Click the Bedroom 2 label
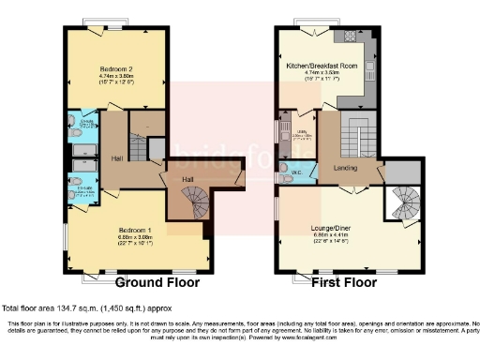[118, 67]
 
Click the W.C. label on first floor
[293, 173]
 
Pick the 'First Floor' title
[351, 281]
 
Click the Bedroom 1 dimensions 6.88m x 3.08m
[136, 237]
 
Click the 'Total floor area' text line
[88, 307]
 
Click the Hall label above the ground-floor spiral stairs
[187, 178]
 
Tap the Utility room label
[302, 132]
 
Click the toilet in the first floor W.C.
[283, 175]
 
